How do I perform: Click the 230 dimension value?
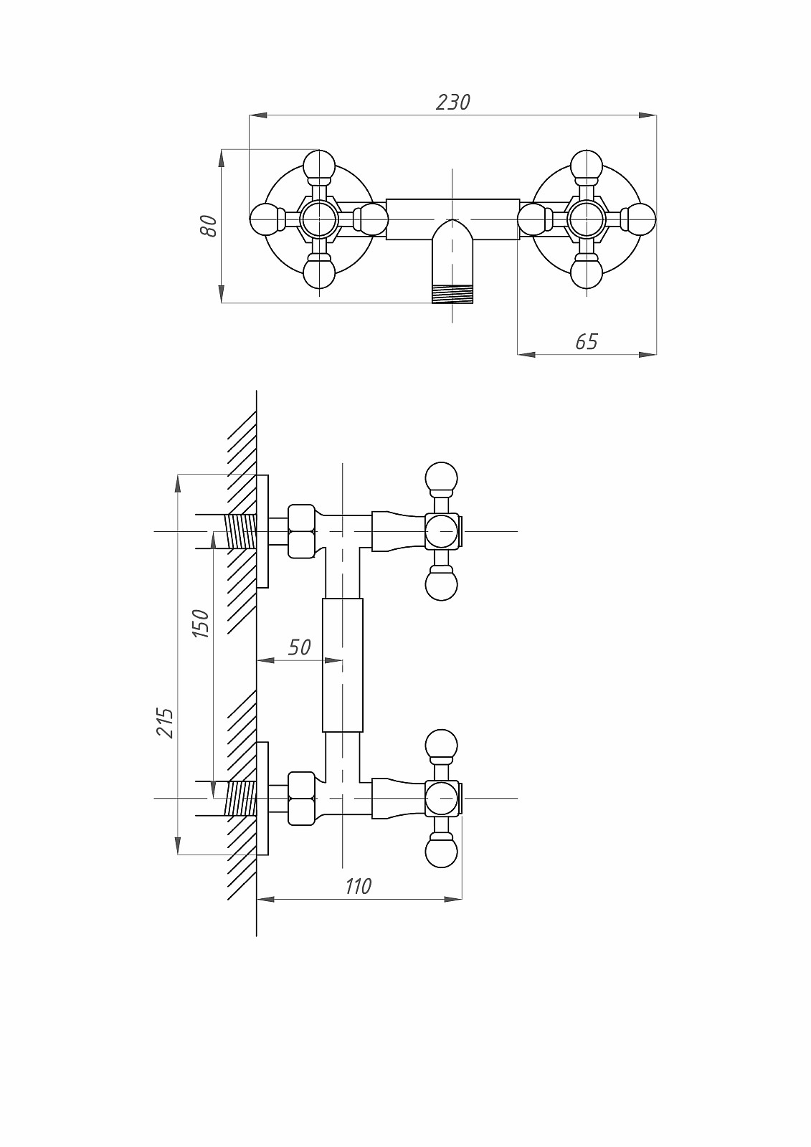453,103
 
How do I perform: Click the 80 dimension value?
209,226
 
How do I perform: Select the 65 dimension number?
587,341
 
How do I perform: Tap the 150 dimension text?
201,623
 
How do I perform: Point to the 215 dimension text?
166,723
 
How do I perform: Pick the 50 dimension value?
299,647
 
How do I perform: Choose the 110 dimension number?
358,886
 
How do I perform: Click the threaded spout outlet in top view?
452,294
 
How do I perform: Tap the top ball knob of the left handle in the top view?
318,165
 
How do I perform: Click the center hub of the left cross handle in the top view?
318,219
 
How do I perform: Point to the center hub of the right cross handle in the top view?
587,219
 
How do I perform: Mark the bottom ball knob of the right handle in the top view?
587,273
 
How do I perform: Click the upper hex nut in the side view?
301,531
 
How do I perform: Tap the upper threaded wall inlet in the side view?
240,531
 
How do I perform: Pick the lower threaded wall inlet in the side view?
240,798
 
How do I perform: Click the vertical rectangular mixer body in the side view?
343,665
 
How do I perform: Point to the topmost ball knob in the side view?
441,477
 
